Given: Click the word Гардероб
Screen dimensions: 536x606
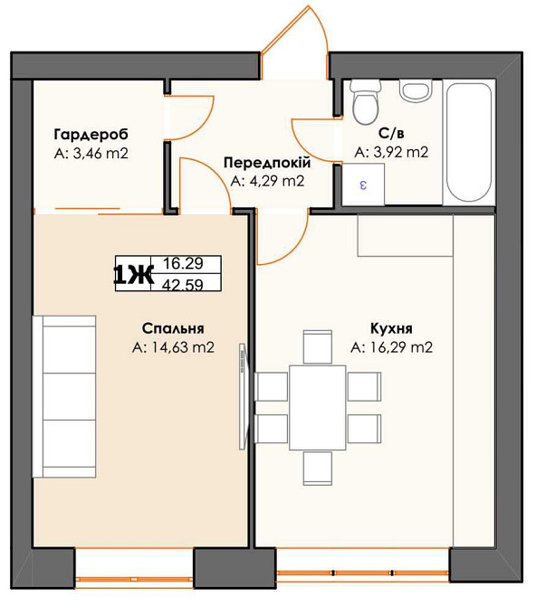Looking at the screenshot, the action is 91,135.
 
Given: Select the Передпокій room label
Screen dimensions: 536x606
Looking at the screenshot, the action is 267,163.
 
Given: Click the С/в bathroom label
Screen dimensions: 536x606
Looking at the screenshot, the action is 391,133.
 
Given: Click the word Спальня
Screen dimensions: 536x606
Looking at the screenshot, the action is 173,328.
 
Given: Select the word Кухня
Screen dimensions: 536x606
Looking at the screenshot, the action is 391,328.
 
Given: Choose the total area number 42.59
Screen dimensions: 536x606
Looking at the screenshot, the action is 183,285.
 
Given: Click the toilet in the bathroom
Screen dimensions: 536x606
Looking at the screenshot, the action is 364,102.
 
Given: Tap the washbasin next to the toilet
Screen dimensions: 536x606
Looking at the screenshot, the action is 415,90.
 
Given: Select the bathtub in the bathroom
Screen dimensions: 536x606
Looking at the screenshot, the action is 469,142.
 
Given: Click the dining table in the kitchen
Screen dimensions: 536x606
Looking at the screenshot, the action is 317,407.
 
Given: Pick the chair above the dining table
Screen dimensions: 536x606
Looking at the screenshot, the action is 317,346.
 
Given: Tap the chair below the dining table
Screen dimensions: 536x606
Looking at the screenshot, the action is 317,468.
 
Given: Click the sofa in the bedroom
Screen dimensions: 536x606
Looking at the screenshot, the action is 64,396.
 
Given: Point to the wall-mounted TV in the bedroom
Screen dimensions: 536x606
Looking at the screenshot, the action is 243,396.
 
